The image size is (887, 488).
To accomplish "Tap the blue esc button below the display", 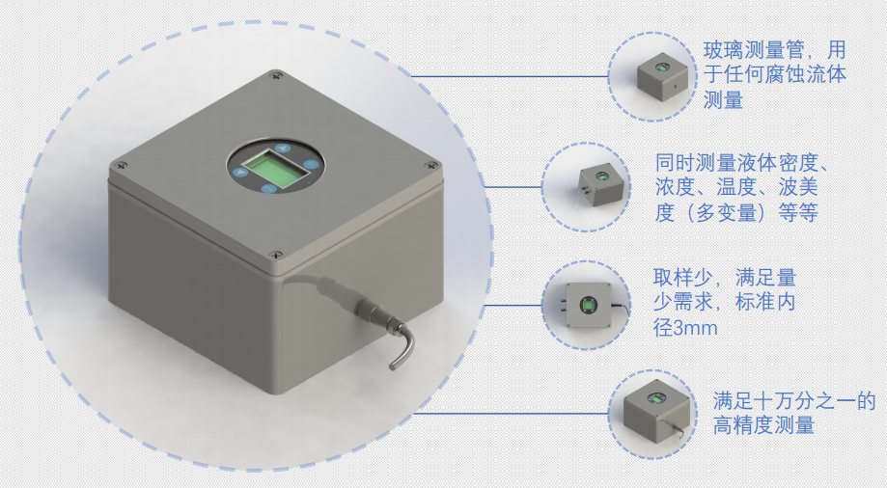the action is [x=268, y=188].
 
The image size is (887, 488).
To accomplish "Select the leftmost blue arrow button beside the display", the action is [x=242, y=172].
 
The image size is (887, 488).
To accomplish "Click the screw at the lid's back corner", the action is [x=277, y=74].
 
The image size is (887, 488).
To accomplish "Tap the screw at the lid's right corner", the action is [x=432, y=165].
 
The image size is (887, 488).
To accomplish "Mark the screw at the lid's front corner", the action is [x=276, y=256].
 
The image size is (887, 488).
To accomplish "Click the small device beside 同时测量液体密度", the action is [x=601, y=185].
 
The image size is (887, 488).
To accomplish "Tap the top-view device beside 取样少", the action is [x=590, y=306].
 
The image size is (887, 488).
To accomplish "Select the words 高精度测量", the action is [x=763, y=424].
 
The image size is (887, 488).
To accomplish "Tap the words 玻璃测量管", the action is [x=754, y=50].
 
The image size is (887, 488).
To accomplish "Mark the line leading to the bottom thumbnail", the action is [x=512, y=413].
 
